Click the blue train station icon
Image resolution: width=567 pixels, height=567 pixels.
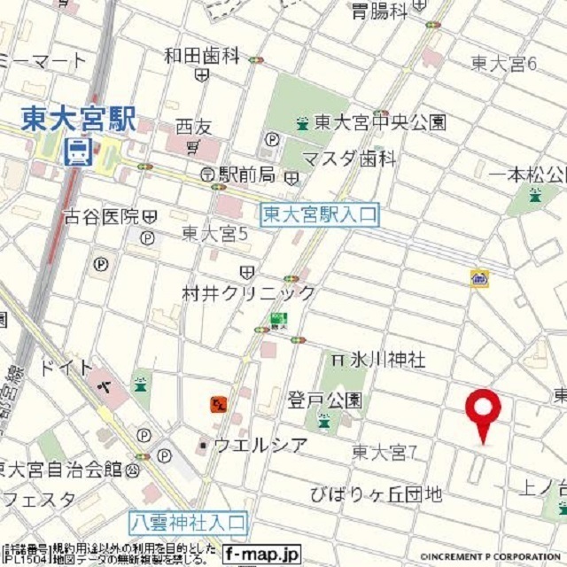pos(78,152)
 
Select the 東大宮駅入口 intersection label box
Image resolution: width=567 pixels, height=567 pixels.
pos(320,214)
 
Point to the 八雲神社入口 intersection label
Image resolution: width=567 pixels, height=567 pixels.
pos(190,522)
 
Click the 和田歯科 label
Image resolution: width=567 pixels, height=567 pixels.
pos(202,56)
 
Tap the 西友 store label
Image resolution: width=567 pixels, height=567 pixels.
pos(190,127)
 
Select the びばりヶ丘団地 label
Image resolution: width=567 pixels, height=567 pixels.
pos(377,493)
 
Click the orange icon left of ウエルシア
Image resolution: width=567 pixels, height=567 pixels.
pos(217,405)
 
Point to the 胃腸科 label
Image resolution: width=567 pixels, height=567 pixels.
pos(378,12)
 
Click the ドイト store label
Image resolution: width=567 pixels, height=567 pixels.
pos(66,368)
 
